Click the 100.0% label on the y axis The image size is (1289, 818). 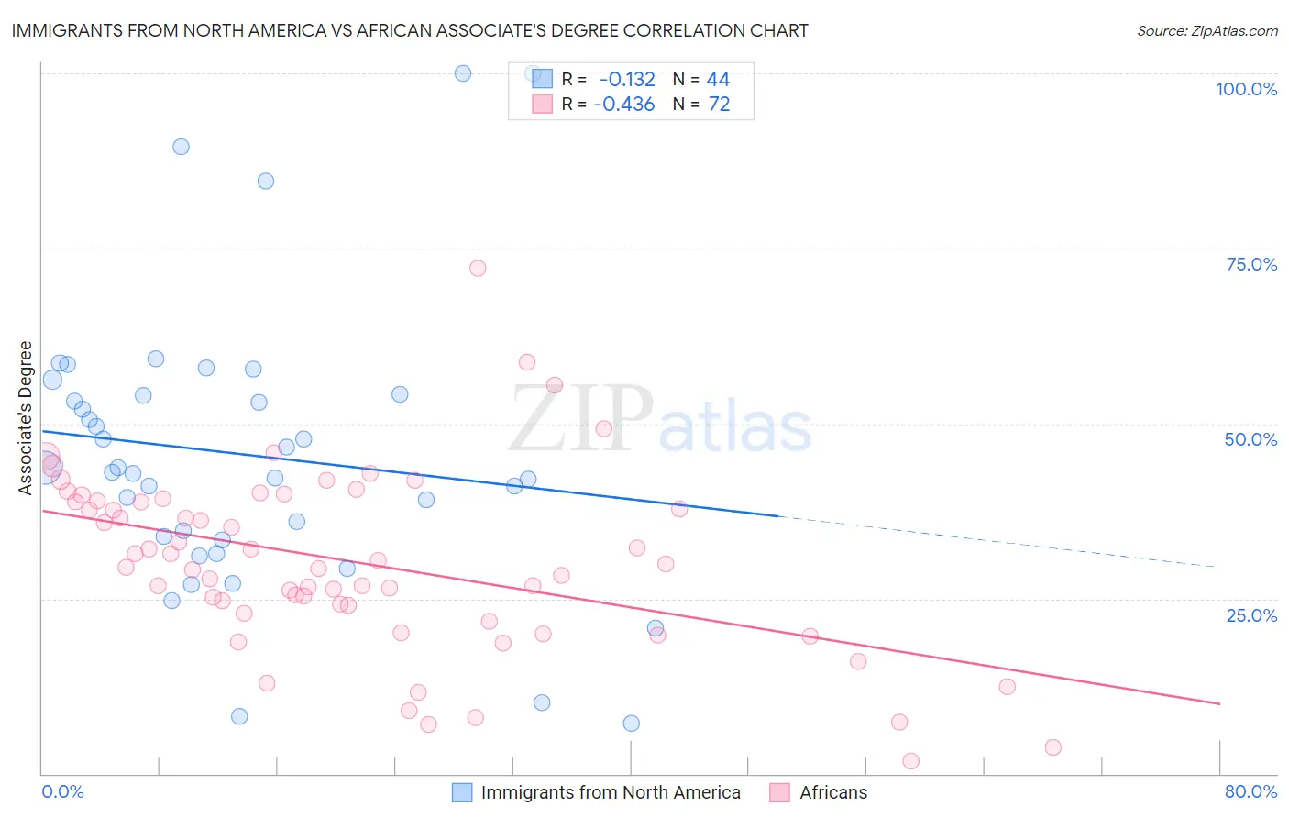(x=1246, y=89)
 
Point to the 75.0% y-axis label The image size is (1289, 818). (x=1251, y=264)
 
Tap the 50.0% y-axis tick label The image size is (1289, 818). (x=1250, y=439)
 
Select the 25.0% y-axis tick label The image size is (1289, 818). (x=1251, y=615)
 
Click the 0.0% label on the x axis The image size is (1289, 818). (x=62, y=791)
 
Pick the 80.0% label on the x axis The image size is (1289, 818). (x=1250, y=791)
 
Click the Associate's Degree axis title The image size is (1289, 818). (x=26, y=418)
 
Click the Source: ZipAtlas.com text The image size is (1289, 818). (x=1206, y=30)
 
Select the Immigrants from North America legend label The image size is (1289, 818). (x=611, y=792)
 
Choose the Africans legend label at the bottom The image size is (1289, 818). (x=832, y=792)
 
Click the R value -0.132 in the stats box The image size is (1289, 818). (x=627, y=80)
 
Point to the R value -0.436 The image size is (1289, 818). (x=624, y=105)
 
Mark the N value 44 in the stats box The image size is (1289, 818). (x=718, y=80)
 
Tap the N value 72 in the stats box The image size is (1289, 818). (x=719, y=105)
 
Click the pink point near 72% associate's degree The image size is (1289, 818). (x=478, y=269)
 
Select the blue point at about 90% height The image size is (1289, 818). (x=181, y=147)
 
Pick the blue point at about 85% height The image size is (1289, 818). (x=266, y=181)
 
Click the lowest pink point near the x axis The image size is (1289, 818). (x=910, y=761)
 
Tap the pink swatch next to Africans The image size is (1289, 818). (x=779, y=792)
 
